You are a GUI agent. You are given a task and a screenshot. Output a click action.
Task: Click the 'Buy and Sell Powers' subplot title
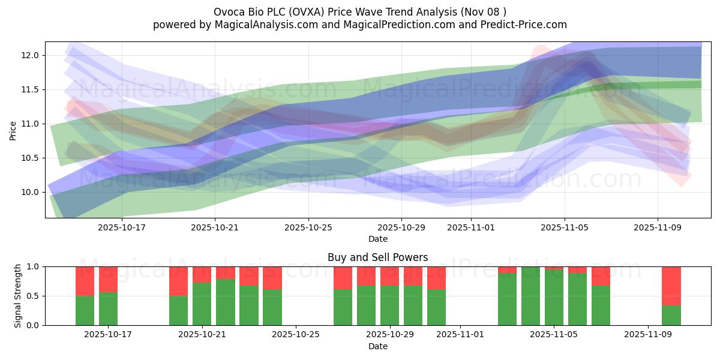(377, 257)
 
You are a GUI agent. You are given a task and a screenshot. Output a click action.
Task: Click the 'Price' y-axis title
(13, 130)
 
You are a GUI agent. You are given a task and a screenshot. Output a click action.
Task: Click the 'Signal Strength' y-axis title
(18, 295)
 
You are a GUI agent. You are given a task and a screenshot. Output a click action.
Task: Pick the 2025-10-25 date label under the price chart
(308, 227)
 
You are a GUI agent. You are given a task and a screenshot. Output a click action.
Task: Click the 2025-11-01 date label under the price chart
(471, 227)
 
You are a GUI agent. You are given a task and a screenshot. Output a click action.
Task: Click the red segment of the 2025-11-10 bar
(671, 286)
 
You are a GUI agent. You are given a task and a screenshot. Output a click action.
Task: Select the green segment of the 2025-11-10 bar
(671, 315)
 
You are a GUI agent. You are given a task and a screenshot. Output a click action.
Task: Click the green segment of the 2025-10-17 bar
(108, 308)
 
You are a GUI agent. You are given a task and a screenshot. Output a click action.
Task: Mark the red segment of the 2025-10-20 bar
(178, 281)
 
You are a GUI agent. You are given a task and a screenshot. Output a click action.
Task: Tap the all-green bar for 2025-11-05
(554, 296)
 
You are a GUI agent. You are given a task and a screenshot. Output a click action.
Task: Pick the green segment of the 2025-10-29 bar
(389, 305)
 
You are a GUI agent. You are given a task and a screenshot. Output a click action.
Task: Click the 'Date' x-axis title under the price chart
(377, 239)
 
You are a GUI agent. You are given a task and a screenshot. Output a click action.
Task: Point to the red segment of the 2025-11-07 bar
(601, 275)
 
